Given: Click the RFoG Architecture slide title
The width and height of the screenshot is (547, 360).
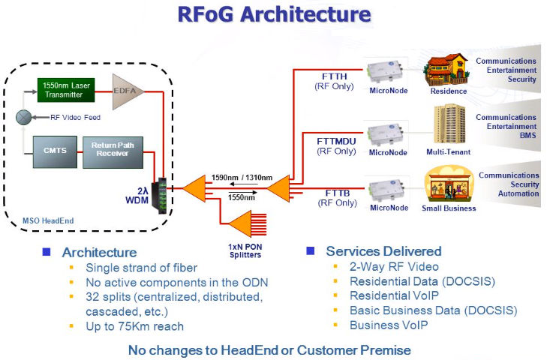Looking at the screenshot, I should coord(273,15).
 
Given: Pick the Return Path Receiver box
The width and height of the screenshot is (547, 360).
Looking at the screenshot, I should coord(110,150).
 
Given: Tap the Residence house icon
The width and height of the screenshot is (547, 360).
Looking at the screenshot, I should coord(448,69).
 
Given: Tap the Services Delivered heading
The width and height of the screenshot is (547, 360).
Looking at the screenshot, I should coord(383,251).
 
